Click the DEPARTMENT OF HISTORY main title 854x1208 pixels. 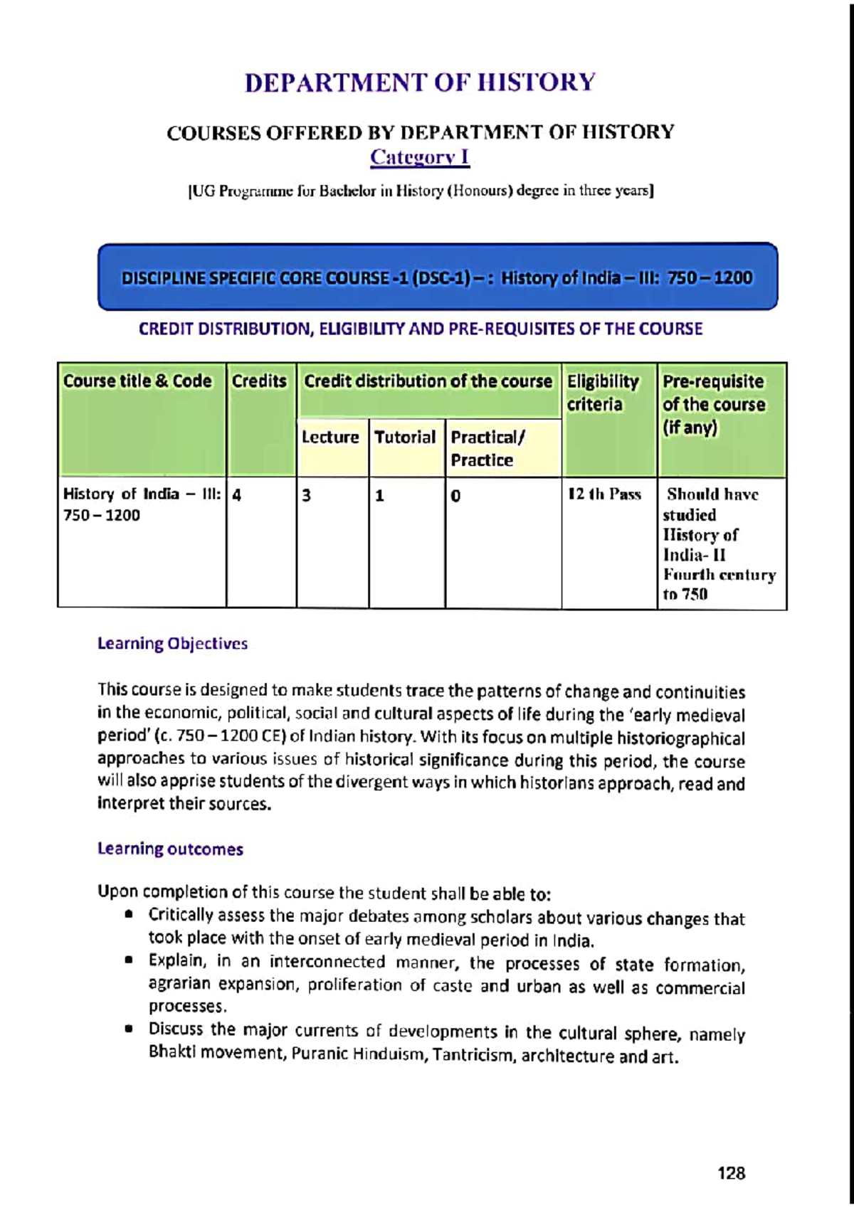pyautogui.click(x=420, y=83)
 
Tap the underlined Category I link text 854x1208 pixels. pyautogui.click(x=420, y=157)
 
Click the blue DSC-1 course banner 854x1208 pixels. pyautogui.click(x=437, y=277)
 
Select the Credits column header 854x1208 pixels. pyautogui.click(x=259, y=381)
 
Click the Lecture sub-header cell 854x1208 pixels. pyautogui.click(x=330, y=438)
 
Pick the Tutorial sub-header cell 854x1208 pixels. pyautogui.click(x=405, y=438)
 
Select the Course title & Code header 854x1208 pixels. pyautogui.click(x=137, y=381)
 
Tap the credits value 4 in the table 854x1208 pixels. pyautogui.click(x=237, y=495)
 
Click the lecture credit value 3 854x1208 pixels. pyautogui.click(x=307, y=495)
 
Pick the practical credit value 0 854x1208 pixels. pyautogui.click(x=455, y=496)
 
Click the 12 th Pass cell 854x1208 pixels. pyautogui.click(x=604, y=494)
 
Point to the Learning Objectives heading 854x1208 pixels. pyautogui.click(x=172, y=644)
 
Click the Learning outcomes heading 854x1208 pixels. pyautogui.click(x=170, y=849)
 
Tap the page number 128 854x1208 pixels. pyautogui.click(x=731, y=1174)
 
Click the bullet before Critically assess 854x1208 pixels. pyautogui.click(x=129, y=916)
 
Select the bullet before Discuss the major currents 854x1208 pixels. pyautogui.click(x=129, y=1029)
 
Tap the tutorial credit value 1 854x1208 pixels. pyautogui.click(x=380, y=496)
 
